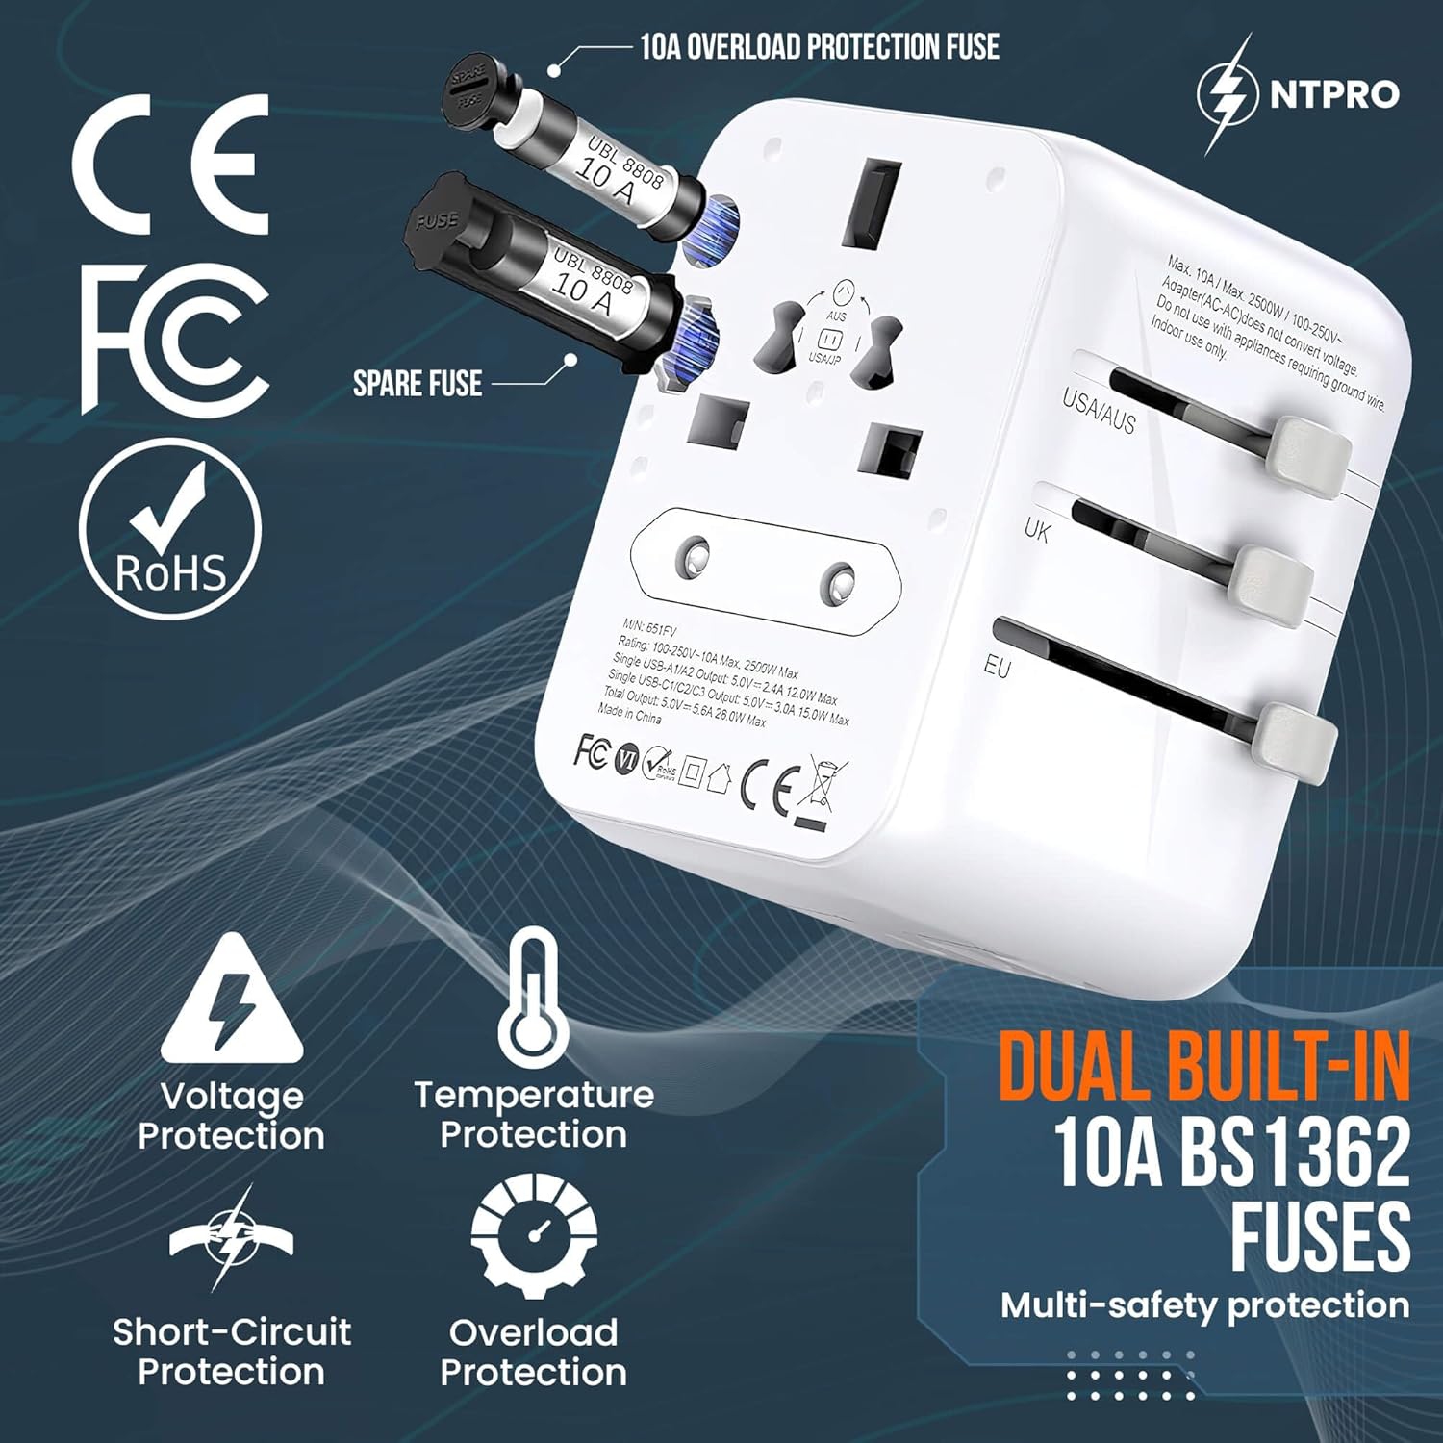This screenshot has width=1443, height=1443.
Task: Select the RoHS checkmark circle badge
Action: pos(170,530)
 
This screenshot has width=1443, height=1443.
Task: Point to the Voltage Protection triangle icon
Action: pos(232,1006)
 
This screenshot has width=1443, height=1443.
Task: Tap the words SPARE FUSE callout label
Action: pos(418,384)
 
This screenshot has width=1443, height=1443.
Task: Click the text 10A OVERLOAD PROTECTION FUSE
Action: pos(820,46)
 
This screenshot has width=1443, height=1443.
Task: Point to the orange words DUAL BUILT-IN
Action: pos(1203,1066)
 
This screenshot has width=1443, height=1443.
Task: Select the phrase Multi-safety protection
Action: pos(1204,1305)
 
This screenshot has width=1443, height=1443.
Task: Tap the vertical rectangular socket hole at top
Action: pos(872,203)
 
